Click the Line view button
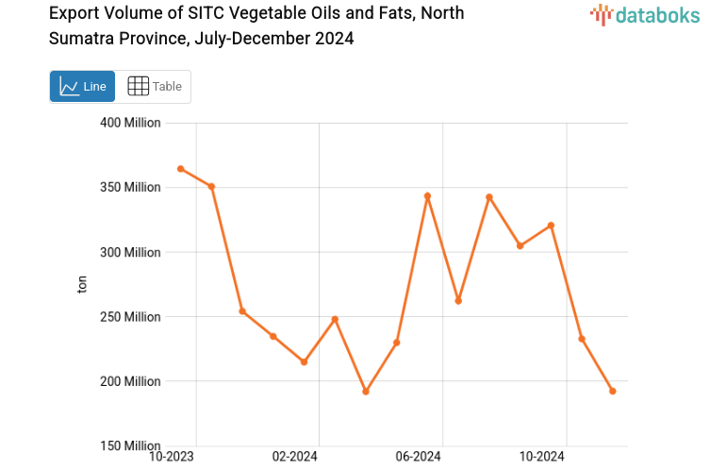click(x=82, y=86)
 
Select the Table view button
click(x=154, y=86)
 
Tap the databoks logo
click(x=644, y=14)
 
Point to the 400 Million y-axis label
click(x=130, y=123)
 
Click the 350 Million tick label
click(x=130, y=188)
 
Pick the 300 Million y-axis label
click(x=130, y=252)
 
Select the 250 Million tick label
click(x=130, y=317)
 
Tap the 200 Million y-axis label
click(x=130, y=381)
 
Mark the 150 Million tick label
click(x=130, y=445)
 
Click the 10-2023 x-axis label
click(x=173, y=457)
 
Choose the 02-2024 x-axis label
click(x=295, y=457)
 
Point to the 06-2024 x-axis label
click(x=419, y=457)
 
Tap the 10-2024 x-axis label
click(x=541, y=457)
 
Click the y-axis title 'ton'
click(x=82, y=284)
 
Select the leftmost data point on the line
click(x=180, y=169)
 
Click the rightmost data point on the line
click(x=613, y=391)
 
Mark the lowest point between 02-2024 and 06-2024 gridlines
click(x=366, y=392)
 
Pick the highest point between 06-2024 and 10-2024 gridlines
click(x=489, y=197)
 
